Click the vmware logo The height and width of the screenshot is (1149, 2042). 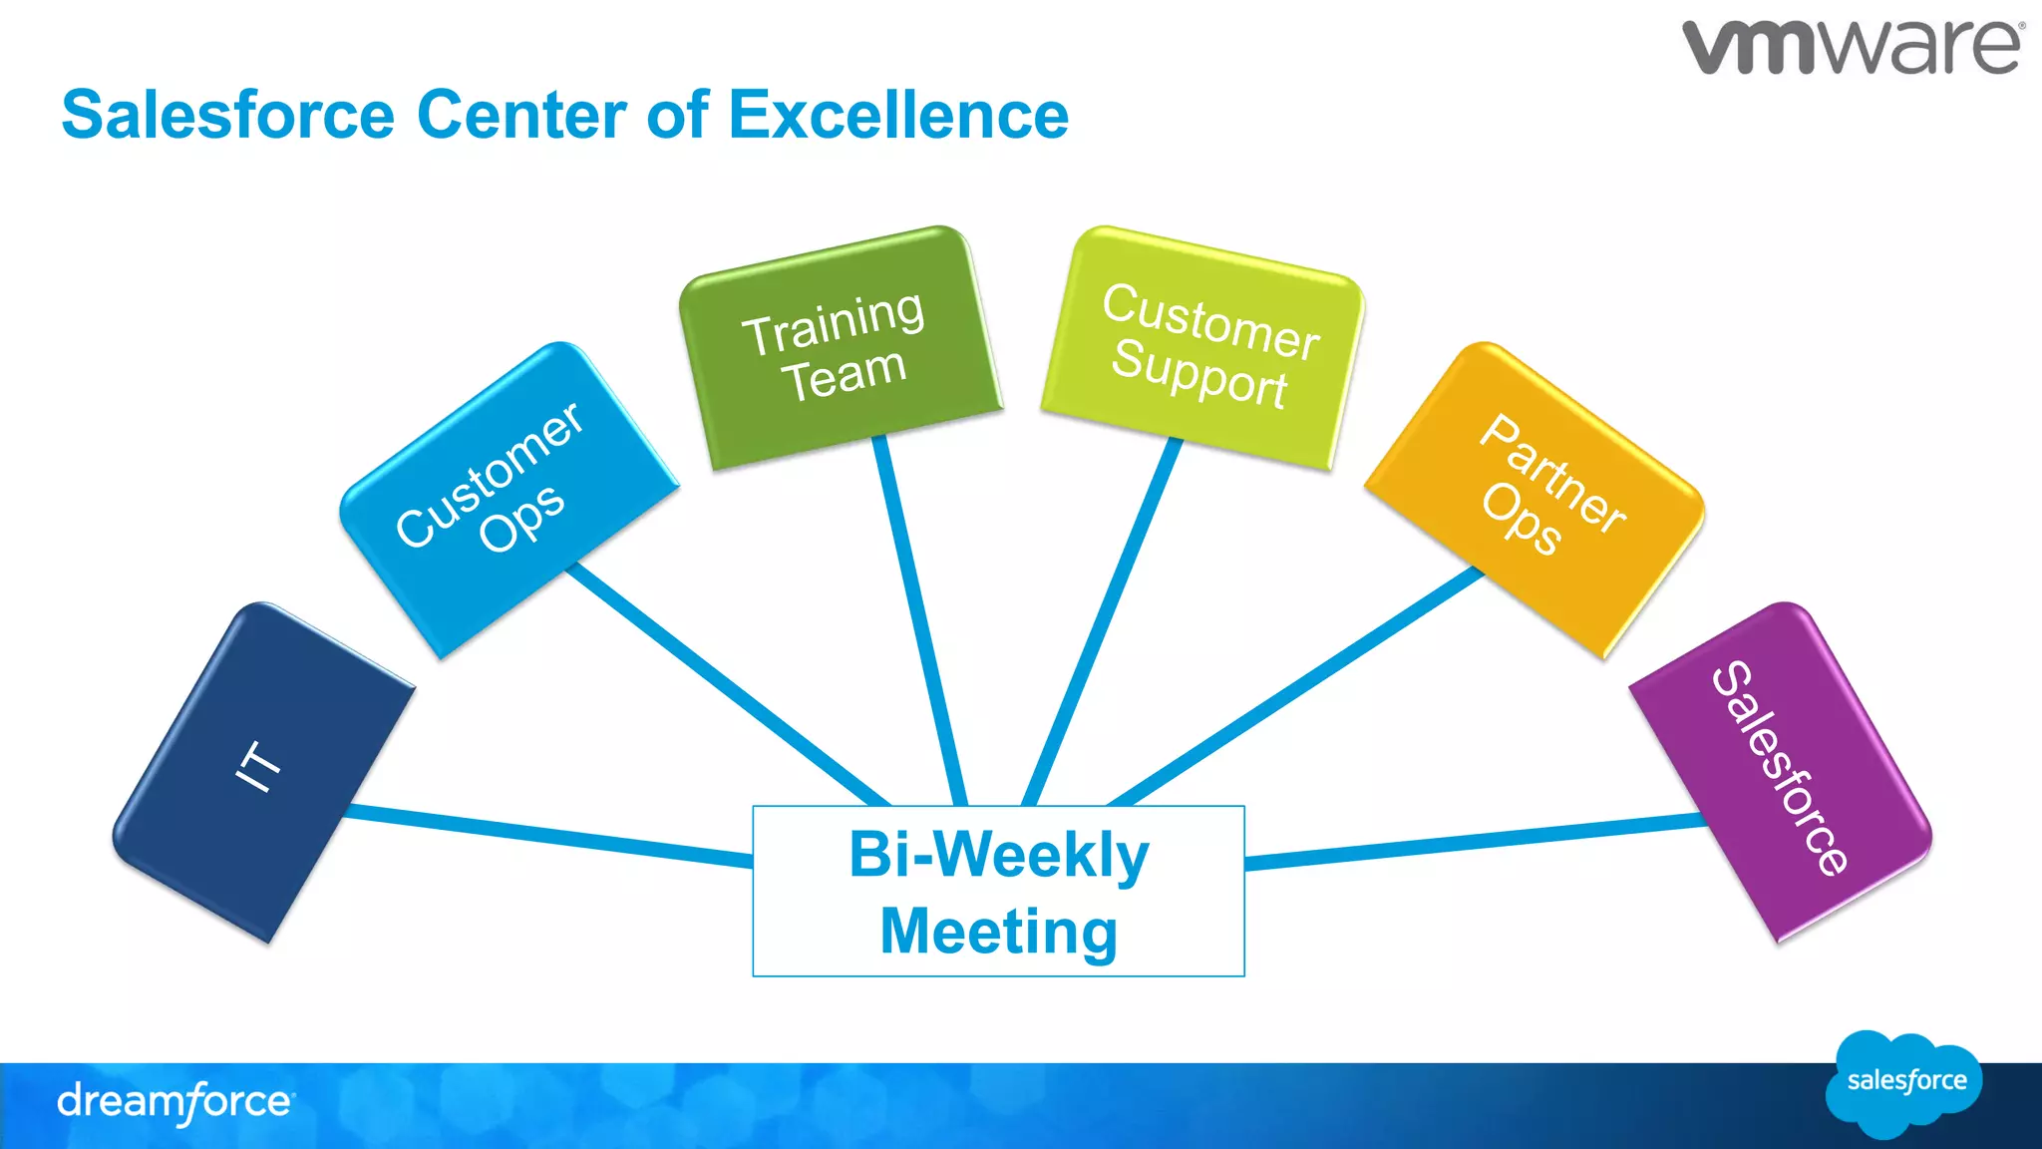(1853, 46)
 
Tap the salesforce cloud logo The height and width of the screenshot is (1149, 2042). (1904, 1083)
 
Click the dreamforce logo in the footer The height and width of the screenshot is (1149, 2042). (174, 1102)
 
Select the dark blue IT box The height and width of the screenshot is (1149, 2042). (263, 772)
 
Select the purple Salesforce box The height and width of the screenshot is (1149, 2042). (1781, 772)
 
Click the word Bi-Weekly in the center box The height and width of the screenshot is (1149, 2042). (998, 856)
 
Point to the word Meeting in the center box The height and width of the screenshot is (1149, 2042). (998, 932)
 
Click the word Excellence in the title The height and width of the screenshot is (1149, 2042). (898, 115)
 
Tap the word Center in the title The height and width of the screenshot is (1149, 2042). (521, 115)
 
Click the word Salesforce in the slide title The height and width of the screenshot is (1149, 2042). (228, 115)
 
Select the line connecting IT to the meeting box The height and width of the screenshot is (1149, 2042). (548, 836)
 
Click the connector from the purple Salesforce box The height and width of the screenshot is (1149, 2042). (1476, 841)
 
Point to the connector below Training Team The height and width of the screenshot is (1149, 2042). (919, 618)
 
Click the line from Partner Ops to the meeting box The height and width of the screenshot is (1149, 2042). (1296, 688)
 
